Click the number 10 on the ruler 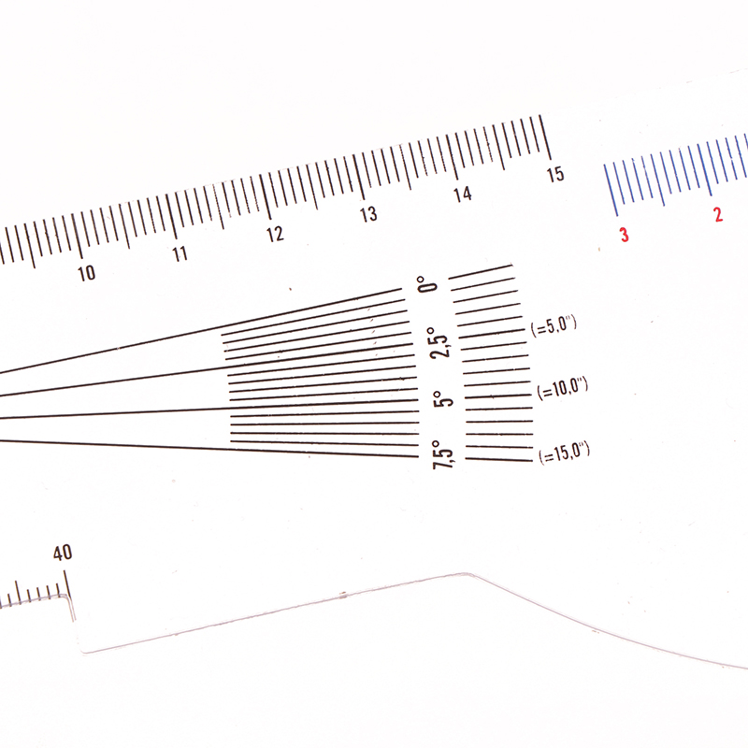[x=86, y=273]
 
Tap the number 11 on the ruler [x=180, y=253]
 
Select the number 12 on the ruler [x=275, y=234]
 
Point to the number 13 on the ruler [x=368, y=214]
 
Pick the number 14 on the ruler [x=462, y=194]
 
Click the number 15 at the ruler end [x=555, y=174]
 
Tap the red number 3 [x=624, y=235]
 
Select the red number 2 [x=718, y=215]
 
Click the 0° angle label [x=427, y=284]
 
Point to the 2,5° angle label [x=439, y=342]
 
